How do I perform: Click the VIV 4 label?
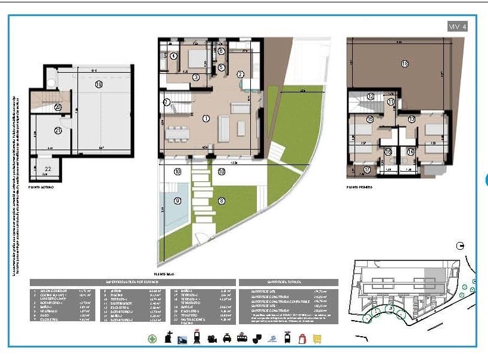[457, 26]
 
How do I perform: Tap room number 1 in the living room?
[206, 119]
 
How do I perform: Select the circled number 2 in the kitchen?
[241, 75]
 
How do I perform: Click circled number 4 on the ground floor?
[173, 56]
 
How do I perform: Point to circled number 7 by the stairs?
[167, 103]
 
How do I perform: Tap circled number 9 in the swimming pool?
[178, 201]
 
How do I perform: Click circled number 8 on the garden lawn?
[222, 201]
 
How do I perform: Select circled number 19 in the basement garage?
[99, 85]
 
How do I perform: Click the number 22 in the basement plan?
[48, 170]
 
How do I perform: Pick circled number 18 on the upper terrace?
[405, 63]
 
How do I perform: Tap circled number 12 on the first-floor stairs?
[371, 96]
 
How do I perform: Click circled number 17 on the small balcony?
[367, 170]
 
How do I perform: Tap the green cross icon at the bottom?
[153, 339]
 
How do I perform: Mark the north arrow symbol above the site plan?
[459, 245]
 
